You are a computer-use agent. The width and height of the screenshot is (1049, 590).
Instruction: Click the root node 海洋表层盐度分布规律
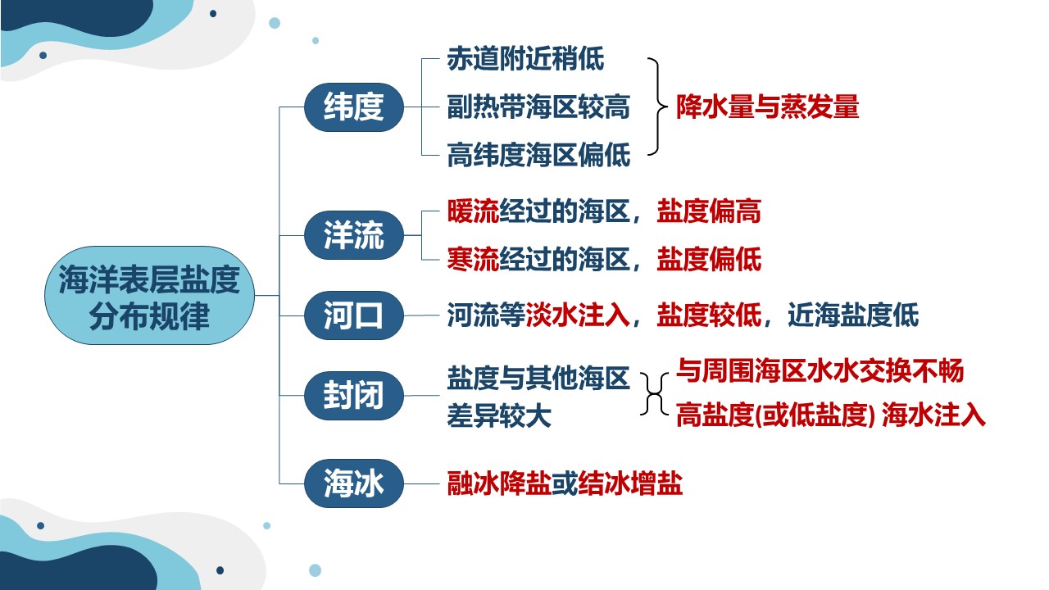tap(149, 296)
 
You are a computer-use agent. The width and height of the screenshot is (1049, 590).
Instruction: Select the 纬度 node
tap(353, 107)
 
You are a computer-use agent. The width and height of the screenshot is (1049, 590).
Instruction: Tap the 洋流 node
tap(353, 235)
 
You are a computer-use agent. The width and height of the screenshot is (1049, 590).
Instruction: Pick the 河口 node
tap(353, 315)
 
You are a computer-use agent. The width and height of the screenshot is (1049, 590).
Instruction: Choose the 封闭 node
tap(353, 396)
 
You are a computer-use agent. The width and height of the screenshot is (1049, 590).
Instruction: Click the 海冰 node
tap(353, 483)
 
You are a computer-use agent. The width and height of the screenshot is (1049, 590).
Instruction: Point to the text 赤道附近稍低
tap(525, 59)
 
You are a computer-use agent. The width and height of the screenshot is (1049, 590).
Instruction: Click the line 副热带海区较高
tap(538, 107)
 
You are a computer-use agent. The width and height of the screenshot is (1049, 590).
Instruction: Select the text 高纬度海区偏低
tap(538, 155)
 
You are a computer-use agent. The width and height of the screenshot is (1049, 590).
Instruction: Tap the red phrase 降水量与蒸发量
tap(768, 107)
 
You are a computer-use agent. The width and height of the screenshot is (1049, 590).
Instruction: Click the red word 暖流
tap(473, 211)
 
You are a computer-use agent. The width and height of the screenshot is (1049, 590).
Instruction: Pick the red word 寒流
tap(473, 259)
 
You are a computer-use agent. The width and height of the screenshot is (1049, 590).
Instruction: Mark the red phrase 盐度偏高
tap(709, 211)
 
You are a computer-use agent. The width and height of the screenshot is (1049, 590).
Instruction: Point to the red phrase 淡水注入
tap(578, 315)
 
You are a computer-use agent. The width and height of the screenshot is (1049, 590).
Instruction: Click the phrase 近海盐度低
tap(853, 315)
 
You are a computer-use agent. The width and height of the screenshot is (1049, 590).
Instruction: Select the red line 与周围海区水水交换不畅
tap(820, 371)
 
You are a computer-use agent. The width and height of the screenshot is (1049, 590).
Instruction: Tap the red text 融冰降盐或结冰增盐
tap(565, 483)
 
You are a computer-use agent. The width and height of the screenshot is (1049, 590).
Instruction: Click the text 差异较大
tap(499, 415)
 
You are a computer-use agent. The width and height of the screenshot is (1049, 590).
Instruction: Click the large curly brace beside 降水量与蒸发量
tap(657, 107)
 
